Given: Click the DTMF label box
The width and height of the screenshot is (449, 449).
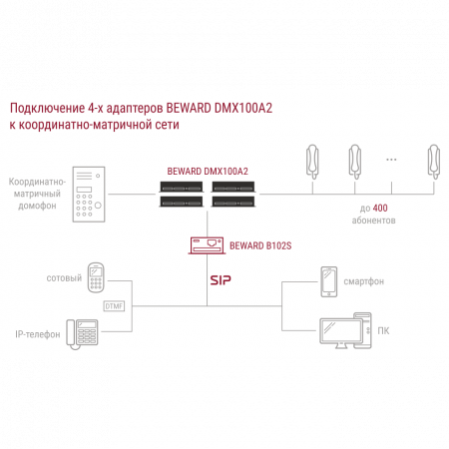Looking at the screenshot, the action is (114, 306).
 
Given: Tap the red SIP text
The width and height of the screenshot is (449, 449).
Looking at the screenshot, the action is (221, 280).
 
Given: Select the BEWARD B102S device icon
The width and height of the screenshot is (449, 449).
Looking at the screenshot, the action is (207, 245).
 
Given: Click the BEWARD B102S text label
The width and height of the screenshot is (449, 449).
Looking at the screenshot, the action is (260, 245).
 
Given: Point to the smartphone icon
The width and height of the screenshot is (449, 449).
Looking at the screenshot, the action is (328, 281).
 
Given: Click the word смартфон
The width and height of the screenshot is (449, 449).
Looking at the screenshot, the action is (363, 281).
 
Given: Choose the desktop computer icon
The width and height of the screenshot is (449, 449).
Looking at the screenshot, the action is (345, 330).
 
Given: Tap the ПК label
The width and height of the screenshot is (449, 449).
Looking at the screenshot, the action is (383, 331).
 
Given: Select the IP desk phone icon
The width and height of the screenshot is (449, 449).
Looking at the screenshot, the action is (82, 334).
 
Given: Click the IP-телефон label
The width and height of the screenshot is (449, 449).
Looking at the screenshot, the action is (38, 334).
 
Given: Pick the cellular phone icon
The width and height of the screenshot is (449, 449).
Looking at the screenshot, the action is (96, 277).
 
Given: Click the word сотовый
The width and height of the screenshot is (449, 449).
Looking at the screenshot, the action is (64, 278).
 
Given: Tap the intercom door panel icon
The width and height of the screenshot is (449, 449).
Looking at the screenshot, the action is (89, 195).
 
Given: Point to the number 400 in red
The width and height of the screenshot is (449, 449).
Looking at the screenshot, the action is (380, 209).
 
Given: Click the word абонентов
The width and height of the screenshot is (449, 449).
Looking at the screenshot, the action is (373, 221).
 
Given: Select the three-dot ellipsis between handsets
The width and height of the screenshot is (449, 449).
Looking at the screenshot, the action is (391, 160).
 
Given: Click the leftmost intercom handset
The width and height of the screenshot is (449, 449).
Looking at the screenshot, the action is (312, 162).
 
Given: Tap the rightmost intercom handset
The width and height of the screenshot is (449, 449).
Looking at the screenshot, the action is (434, 162).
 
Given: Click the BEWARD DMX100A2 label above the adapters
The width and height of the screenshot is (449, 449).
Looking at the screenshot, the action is (208, 172).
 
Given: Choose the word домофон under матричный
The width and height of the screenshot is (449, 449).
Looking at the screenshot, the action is (37, 206).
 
